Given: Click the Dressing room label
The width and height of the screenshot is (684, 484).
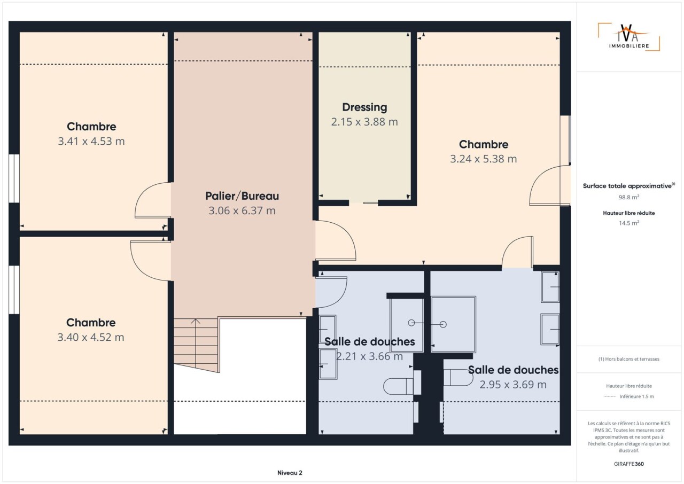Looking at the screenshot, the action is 364,107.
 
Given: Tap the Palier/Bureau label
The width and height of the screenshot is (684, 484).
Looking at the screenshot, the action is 242,196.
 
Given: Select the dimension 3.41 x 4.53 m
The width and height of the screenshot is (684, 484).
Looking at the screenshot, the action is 91,141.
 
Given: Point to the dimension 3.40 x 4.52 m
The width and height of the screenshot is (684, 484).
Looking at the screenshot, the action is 91,337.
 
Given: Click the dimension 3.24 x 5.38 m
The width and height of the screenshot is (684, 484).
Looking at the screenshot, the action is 484,159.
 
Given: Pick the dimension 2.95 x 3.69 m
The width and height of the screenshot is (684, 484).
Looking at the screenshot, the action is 513,385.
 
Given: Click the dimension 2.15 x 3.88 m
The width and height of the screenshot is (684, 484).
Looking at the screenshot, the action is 364,122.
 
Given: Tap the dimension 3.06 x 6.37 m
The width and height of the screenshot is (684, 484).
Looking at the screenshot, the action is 242,210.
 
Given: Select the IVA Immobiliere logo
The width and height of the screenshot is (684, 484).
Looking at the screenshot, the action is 629,37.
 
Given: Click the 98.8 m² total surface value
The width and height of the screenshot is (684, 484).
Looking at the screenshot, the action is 629,197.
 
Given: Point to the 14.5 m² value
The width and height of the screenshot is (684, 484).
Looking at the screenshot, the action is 629,223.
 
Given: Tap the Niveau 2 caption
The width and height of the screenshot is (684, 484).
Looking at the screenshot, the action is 290,473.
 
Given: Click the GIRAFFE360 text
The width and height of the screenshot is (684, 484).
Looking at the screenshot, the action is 629,464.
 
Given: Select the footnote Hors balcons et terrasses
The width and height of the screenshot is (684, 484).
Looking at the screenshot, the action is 629,359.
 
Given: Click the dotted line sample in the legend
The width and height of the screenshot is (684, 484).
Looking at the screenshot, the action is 610,397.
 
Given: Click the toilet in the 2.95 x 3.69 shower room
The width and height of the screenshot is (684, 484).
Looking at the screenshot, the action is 458,378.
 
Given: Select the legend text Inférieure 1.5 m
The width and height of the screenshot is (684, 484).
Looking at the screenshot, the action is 636,396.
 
